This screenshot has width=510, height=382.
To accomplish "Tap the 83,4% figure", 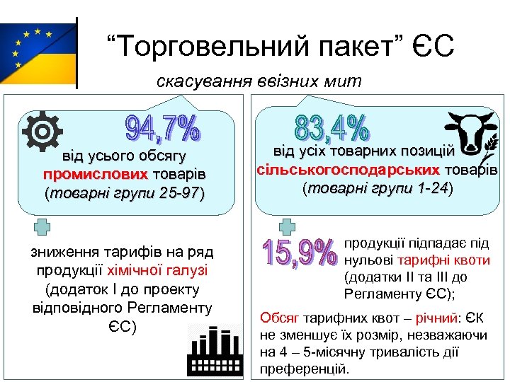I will pos(331,127).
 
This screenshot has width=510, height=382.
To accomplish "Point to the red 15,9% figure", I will pos(298,253).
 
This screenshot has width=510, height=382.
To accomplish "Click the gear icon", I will pos(42,132).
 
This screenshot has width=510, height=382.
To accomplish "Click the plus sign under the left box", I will pos(42,226).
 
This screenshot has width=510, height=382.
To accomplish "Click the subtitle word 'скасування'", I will pos(202,81).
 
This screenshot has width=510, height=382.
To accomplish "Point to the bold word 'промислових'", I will pos(95,174).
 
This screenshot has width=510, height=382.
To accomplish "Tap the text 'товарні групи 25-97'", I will pos(125,193).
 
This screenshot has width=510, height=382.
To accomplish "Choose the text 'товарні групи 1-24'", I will pos(377,189).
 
